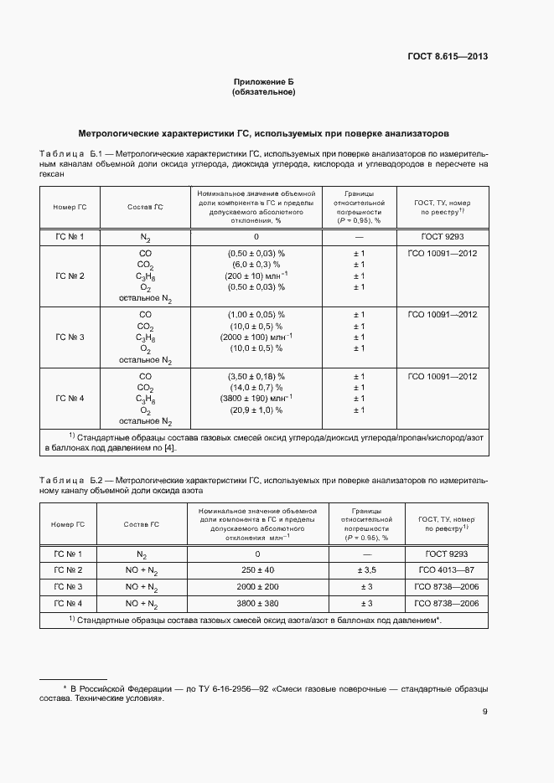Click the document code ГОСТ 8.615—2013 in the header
pos(448,57)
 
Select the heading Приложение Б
pos(263,81)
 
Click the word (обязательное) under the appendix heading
pos(263,91)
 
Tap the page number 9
pos(485,713)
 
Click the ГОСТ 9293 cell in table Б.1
pos(443,237)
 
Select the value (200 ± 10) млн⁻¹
pos(256,276)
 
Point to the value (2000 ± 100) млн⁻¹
pos(256,337)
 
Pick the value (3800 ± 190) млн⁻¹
pos(256,399)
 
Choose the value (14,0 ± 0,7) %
pos(256,389)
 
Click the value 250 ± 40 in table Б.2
pos(257,570)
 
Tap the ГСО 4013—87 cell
pos(443,570)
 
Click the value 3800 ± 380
pos(257,604)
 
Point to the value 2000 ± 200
pos(257,587)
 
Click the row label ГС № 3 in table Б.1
pos(70,337)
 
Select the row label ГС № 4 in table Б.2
pos(69,604)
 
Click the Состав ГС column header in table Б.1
pos(145,207)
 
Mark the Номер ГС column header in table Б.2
pos(69,524)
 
